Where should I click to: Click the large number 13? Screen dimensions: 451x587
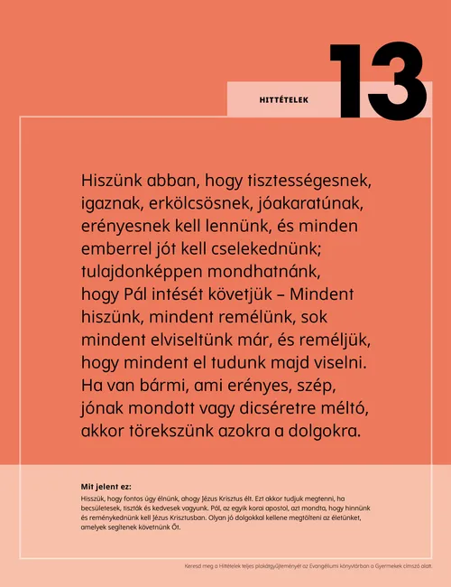[x=377, y=80]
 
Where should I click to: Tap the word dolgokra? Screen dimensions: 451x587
[x=322, y=433]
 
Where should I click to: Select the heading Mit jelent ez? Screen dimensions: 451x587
[x=106, y=486]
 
